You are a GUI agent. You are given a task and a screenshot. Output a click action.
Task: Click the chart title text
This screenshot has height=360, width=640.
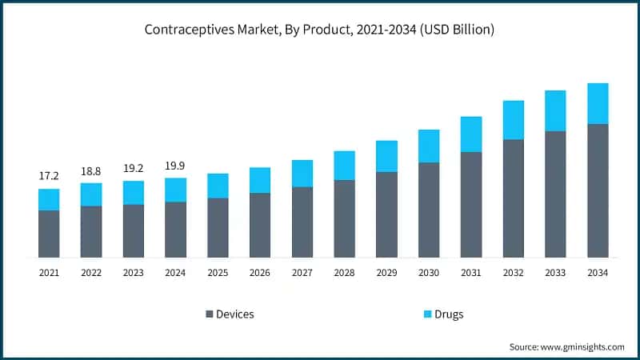pyautogui.click(x=320, y=30)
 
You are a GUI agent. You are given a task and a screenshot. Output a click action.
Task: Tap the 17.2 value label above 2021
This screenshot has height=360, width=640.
pyautogui.click(x=49, y=174)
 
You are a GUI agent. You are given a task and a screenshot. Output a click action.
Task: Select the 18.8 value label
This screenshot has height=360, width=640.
pyautogui.click(x=91, y=170)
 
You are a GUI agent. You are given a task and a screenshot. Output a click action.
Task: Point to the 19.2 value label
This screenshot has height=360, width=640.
pyautogui.click(x=134, y=169)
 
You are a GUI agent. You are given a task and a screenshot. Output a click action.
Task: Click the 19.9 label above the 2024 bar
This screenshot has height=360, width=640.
pyautogui.click(x=175, y=166)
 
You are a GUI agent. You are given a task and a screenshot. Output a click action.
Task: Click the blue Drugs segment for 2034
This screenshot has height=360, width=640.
pyautogui.click(x=598, y=103)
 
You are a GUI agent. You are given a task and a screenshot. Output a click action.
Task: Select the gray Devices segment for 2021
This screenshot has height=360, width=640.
pyautogui.click(x=49, y=234)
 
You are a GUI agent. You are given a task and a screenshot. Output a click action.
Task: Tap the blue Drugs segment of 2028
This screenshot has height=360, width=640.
pyautogui.click(x=344, y=165)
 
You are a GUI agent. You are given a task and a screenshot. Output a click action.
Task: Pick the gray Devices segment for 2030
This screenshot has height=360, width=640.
pyautogui.click(x=429, y=210)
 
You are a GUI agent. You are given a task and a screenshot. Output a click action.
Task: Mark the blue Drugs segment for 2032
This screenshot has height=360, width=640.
pyautogui.click(x=513, y=120)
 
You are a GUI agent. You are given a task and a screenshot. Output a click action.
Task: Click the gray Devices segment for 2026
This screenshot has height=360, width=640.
pyautogui.click(x=260, y=225)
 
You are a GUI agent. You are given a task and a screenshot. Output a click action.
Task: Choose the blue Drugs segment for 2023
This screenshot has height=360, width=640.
pyautogui.click(x=134, y=192)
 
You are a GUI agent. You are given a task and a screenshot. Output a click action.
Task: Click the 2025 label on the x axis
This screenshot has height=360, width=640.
pyautogui.click(x=218, y=273)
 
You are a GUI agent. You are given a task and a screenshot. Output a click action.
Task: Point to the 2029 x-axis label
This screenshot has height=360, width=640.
pyautogui.click(x=386, y=273)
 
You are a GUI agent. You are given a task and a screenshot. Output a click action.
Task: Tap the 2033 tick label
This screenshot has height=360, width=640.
pyautogui.click(x=555, y=273)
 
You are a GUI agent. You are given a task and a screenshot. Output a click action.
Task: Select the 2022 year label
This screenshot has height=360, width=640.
pyautogui.click(x=91, y=273)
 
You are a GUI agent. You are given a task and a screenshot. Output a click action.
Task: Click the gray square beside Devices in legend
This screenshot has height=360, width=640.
pyautogui.click(x=210, y=314)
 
